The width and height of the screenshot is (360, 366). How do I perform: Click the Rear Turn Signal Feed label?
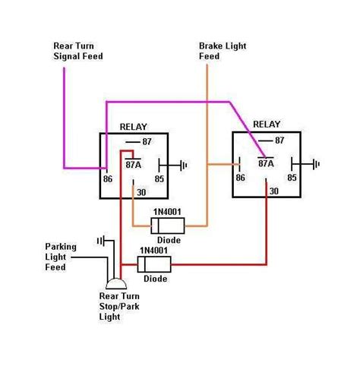[x=78, y=51]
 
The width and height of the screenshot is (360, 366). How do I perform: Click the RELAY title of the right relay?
[x=267, y=122]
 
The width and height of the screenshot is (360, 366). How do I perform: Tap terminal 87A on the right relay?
[x=267, y=162]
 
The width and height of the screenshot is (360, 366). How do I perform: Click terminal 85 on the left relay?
[x=160, y=179]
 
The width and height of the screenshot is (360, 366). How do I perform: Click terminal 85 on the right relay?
[x=292, y=178]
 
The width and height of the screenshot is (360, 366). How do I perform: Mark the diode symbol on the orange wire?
[x=165, y=226]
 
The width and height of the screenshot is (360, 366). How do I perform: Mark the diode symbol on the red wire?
[x=154, y=264]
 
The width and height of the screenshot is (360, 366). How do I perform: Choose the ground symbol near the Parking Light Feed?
[x=99, y=241]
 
